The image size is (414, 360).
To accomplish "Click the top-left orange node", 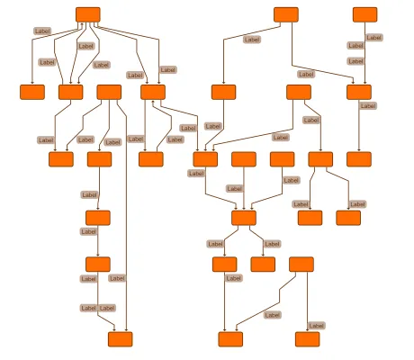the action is point(88,14).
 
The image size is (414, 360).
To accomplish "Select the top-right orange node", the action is point(364,14).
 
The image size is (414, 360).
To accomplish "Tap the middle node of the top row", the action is point(286,14).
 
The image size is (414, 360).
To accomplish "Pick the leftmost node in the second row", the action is point(32,92).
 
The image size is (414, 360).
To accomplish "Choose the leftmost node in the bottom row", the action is point(121,339).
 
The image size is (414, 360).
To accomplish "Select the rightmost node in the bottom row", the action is point(308,339).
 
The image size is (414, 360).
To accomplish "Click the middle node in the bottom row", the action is point(230,339).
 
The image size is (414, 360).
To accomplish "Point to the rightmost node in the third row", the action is point(359,159).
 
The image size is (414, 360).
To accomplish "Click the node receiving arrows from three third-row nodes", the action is point(244,218).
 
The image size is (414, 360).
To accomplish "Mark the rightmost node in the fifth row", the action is point(301,265).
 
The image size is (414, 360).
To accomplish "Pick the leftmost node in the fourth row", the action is point(98,218).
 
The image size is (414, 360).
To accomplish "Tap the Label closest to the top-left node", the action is point(42,31).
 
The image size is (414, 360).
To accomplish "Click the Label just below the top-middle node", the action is point(252,40).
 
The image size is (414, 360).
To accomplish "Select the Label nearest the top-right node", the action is point(374,38).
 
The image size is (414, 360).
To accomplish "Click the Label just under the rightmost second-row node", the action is point(368,106).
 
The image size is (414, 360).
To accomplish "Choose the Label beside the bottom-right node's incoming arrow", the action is point(317,326).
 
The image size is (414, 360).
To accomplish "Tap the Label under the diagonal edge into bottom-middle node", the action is point(273,315).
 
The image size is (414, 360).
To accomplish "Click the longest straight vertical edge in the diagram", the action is point(126,223).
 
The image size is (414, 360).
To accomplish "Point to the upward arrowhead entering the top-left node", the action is point(82,24).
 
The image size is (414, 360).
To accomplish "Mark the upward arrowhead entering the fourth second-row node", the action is point(153,102).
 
